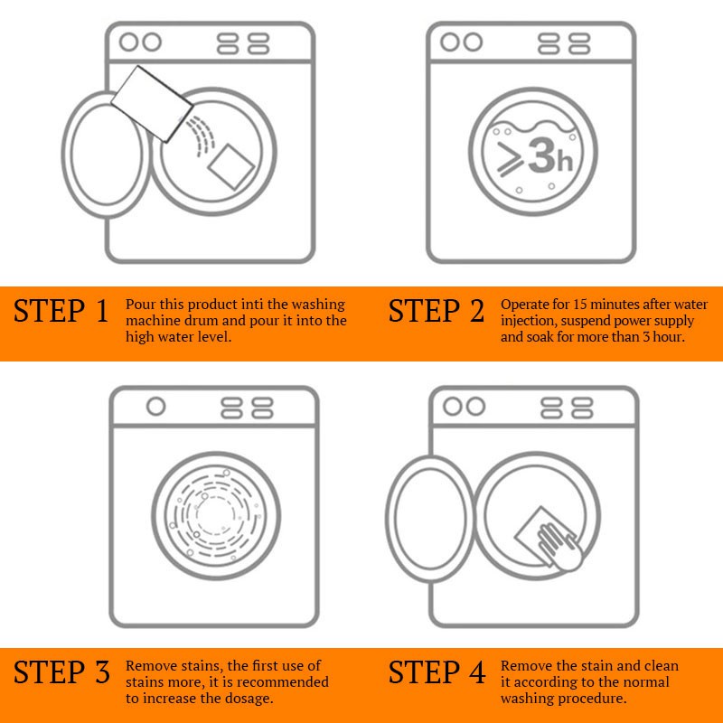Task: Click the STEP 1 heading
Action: click(61, 310)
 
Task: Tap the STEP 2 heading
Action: click(437, 310)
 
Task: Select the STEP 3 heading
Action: click(61, 671)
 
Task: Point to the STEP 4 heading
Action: click(437, 671)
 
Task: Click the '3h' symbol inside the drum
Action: click(550, 155)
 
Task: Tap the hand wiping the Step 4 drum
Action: click(559, 547)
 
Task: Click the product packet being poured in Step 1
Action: click(152, 104)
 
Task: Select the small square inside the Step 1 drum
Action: click(231, 167)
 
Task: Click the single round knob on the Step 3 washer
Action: click(155, 407)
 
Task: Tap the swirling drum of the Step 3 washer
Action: click(216, 515)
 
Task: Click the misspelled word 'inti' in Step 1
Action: click(252, 305)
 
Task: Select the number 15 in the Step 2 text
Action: click(579, 305)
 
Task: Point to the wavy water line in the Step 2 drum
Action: click(533, 126)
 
